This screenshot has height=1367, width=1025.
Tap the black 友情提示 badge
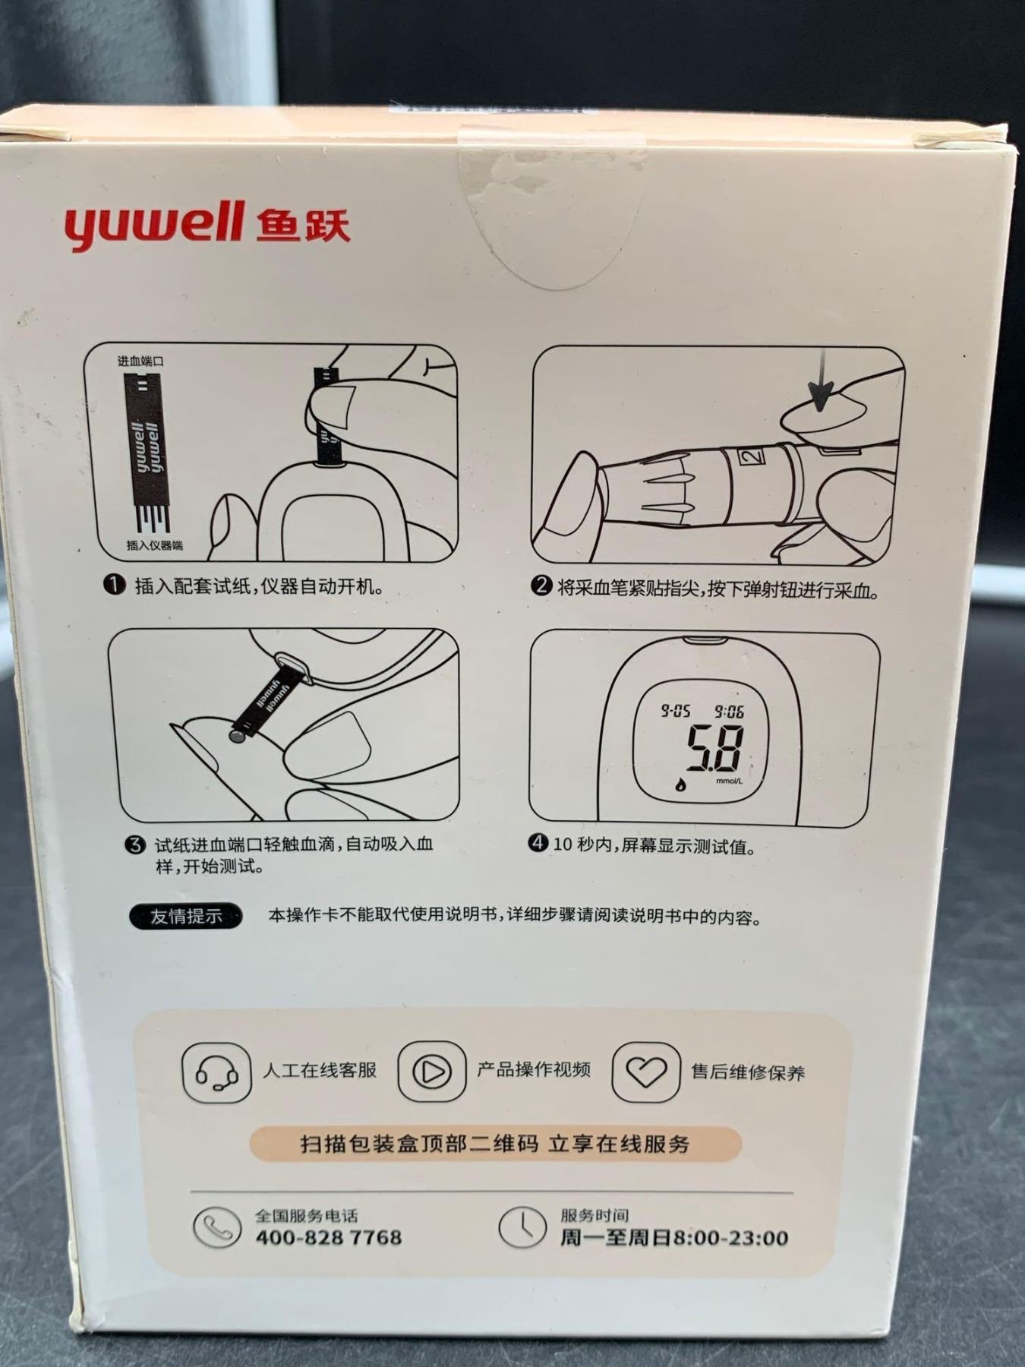(186, 916)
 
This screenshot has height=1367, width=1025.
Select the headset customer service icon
(216, 1072)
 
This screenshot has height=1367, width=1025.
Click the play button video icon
(431, 1071)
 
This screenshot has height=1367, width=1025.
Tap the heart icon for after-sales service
(646, 1072)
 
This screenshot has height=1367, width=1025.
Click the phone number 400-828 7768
(329, 1237)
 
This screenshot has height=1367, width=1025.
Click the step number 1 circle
(115, 586)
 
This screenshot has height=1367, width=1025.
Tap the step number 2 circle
(541, 586)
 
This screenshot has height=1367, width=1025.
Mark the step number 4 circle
(538, 843)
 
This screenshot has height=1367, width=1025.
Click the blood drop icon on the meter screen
(680, 784)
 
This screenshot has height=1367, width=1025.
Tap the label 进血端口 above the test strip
(140, 361)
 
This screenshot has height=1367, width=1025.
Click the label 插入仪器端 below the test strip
(154, 545)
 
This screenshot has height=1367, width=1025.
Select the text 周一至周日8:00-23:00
(674, 1238)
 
